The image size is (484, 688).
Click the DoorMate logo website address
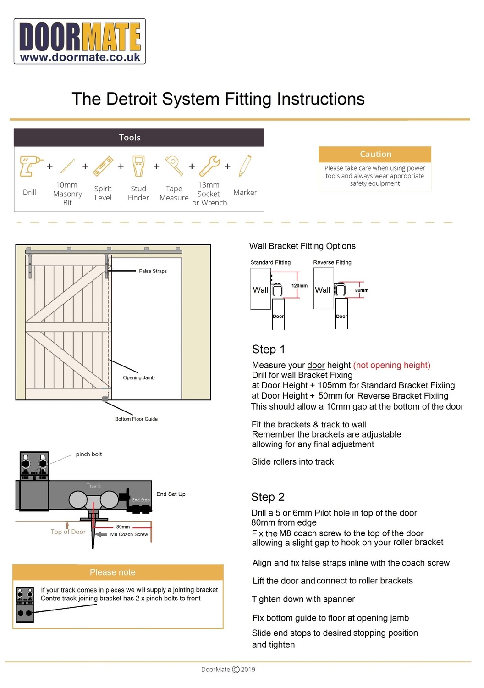(x=80, y=57)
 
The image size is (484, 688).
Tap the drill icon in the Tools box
(x=30, y=166)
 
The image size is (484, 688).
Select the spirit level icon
(x=103, y=166)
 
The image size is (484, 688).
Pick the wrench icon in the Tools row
(x=209, y=166)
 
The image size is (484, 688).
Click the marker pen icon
(x=245, y=166)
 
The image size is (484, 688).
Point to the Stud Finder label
(x=138, y=193)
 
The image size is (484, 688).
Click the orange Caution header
(x=375, y=154)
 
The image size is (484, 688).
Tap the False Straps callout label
(x=153, y=271)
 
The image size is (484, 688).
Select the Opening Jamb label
(x=138, y=378)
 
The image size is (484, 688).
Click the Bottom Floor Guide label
(x=136, y=419)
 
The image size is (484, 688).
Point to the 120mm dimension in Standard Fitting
(x=299, y=286)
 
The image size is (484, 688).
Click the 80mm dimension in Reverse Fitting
(x=362, y=290)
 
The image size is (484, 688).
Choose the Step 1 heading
(x=268, y=350)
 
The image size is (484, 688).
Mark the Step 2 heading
(x=268, y=497)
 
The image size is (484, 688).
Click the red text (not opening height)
(x=391, y=366)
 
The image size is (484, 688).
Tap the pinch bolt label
(x=89, y=455)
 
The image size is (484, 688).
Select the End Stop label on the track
(x=141, y=500)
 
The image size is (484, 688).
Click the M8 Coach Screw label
(x=129, y=534)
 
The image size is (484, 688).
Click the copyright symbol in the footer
(x=236, y=670)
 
